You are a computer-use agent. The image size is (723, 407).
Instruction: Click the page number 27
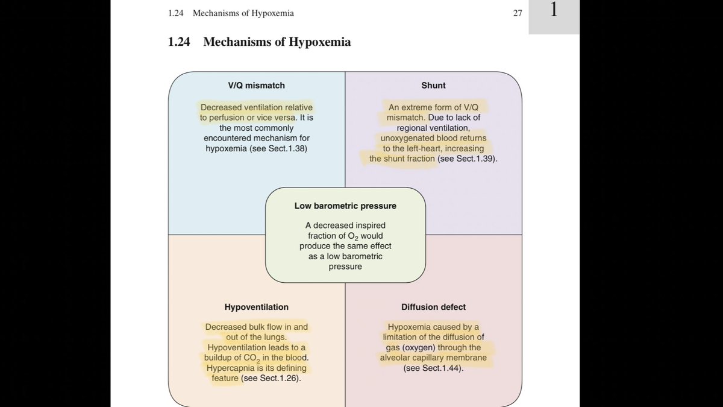pyautogui.click(x=518, y=13)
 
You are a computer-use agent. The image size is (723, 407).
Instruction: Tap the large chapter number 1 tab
pyautogui.click(x=554, y=10)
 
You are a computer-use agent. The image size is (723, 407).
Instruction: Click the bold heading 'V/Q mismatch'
pyautogui.click(x=256, y=86)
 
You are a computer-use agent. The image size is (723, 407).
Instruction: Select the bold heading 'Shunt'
pyautogui.click(x=433, y=86)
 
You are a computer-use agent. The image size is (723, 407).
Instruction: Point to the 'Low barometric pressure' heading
pyautogui.click(x=345, y=206)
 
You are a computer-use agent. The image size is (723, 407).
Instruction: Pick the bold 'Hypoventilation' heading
pyautogui.click(x=257, y=307)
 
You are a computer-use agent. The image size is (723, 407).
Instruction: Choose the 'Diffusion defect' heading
pyautogui.click(x=433, y=307)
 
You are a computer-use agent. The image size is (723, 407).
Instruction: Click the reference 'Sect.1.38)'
pyautogui.click(x=288, y=148)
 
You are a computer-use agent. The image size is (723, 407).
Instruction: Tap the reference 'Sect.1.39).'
pyautogui.click(x=477, y=159)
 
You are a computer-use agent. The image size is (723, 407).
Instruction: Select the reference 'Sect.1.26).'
pyautogui.click(x=281, y=378)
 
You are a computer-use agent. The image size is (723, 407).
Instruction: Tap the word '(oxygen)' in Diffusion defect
pyautogui.click(x=419, y=348)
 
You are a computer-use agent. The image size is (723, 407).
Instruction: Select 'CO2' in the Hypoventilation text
pyautogui.click(x=251, y=359)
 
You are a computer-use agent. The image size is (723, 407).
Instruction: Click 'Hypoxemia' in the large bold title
pyautogui.click(x=319, y=42)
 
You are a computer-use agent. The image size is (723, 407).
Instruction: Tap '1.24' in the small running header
pyautogui.click(x=175, y=13)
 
